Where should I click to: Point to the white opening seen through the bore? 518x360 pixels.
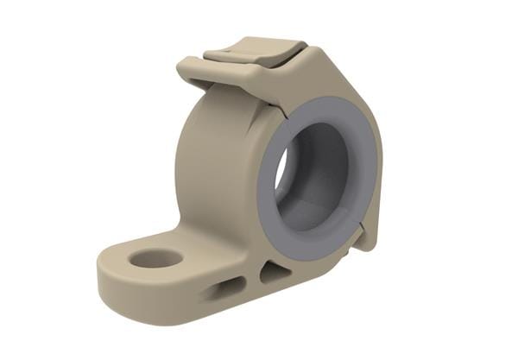point(282,172)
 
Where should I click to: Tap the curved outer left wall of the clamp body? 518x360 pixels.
point(194,164)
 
